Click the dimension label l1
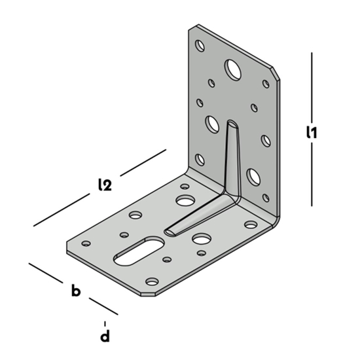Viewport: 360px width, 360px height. pyautogui.click(x=312, y=132)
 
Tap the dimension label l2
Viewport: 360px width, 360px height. pyautogui.click(x=103, y=185)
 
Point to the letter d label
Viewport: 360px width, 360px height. pyautogui.click(x=105, y=338)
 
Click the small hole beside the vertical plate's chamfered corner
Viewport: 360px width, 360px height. pyautogui.click(x=266, y=84)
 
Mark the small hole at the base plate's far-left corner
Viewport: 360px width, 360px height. pyautogui.click(x=84, y=243)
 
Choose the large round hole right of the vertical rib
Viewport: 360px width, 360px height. pyautogui.click(x=253, y=175)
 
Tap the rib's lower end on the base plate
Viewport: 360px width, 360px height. pyautogui.click(x=170, y=231)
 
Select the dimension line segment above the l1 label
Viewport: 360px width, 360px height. pyautogui.click(x=312, y=85)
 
